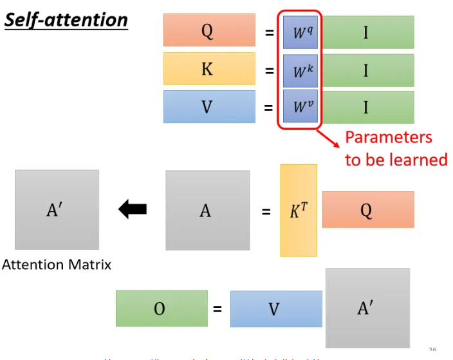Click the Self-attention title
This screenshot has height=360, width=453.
[66, 19]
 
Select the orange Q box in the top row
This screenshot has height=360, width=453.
[209, 31]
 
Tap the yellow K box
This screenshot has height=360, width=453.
[209, 69]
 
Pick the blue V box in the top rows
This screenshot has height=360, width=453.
[209, 106]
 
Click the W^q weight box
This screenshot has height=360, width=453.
[300, 32]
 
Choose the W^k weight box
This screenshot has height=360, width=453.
[300, 70]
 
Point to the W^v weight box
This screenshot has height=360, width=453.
[300, 106]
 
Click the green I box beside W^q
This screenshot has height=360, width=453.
[367, 32]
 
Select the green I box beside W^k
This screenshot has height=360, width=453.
[367, 69]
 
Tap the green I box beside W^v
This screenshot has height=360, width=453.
[367, 106]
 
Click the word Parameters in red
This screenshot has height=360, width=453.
[389, 138]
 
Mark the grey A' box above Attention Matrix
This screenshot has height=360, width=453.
[57, 209]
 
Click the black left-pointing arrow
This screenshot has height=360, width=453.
[133, 209]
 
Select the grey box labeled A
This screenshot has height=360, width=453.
[207, 210]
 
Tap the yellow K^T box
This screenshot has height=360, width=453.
[299, 210]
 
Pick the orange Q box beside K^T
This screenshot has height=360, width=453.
[367, 210]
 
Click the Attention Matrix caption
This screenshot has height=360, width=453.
[57, 265]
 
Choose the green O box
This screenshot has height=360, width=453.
[162, 308]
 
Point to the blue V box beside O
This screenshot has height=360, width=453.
[275, 309]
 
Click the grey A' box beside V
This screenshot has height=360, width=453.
[367, 308]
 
